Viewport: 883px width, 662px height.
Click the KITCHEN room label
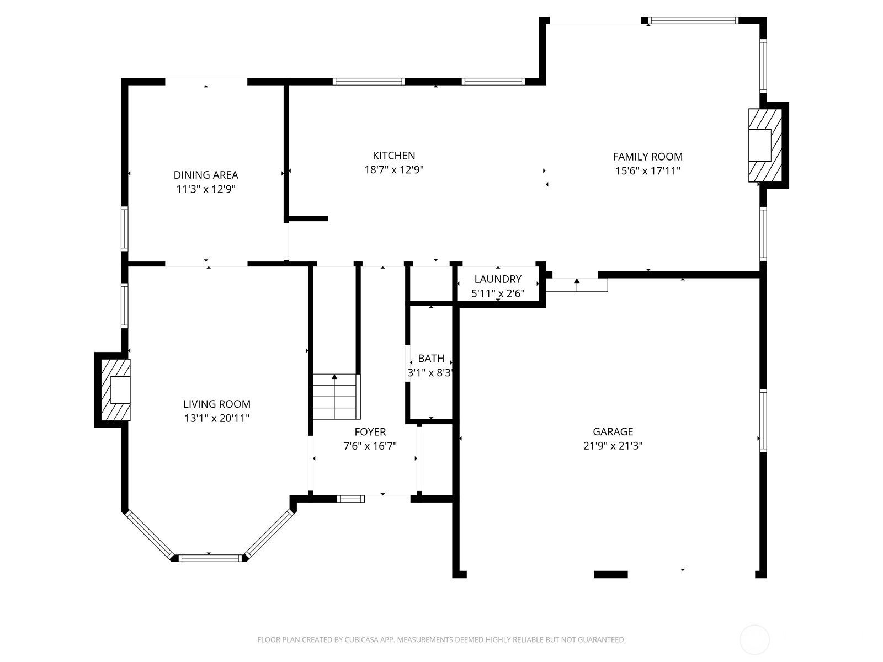393,156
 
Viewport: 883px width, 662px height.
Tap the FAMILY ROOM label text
647,157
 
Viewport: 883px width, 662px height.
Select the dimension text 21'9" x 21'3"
613,446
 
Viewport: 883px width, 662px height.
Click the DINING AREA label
206,175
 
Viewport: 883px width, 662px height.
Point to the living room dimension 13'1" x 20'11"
217,418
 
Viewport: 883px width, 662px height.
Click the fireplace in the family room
764,145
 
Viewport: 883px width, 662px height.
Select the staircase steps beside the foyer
335,396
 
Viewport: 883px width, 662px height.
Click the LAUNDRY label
498,279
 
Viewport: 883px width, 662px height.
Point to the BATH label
431,359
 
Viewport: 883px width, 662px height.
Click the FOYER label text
370,432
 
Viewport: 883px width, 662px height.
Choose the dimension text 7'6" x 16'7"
370,446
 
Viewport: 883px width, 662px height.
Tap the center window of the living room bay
210,558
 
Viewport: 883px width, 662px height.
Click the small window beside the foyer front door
351,499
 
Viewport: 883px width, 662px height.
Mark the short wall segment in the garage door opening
610,574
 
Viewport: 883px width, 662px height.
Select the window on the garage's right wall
763,421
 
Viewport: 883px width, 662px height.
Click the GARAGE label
613,431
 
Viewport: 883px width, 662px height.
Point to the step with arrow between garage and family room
577,285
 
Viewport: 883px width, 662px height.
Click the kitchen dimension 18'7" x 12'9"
393,170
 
